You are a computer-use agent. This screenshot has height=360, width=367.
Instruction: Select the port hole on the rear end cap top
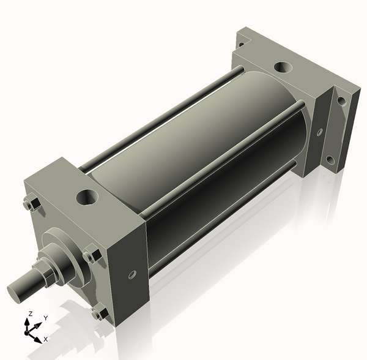click(x=283, y=68)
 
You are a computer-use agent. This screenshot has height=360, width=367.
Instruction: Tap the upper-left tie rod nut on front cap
click(x=31, y=204)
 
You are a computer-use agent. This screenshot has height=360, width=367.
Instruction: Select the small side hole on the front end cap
click(x=131, y=276)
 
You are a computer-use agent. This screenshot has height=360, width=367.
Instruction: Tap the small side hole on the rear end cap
click(x=319, y=131)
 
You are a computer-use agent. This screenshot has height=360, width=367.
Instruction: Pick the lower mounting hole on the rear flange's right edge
click(x=330, y=160)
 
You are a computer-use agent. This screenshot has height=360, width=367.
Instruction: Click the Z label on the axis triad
click(x=30, y=313)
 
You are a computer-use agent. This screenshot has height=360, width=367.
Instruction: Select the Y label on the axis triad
click(x=46, y=318)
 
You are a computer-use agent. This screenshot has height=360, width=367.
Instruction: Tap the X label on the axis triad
click(x=45, y=339)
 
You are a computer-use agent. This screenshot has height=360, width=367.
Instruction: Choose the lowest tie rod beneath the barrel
click(x=220, y=217)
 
